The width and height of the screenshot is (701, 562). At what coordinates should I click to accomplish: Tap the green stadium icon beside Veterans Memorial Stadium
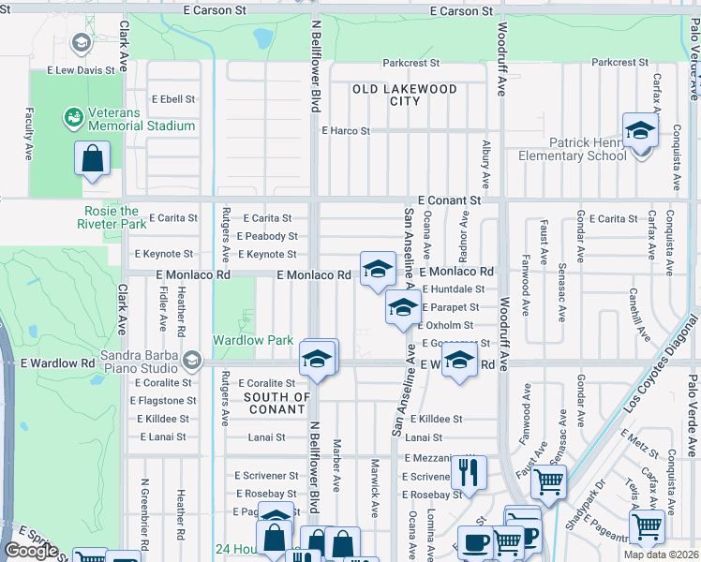coord(72,117)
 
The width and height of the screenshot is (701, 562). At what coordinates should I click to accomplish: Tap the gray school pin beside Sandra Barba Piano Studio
coord(192,360)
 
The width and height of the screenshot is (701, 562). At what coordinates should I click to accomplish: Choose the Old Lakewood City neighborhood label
coord(404,95)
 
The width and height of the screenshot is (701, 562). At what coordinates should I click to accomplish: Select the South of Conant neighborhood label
coord(276,404)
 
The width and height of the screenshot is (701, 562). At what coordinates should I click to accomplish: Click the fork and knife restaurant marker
coord(468,471)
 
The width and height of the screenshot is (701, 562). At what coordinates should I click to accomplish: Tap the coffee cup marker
coord(477,542)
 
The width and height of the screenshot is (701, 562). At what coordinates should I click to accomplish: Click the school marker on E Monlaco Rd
coord(378,269)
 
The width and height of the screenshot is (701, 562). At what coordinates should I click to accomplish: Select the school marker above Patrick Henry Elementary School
coord(640,129)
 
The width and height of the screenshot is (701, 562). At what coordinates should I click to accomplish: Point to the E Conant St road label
coord(449,200)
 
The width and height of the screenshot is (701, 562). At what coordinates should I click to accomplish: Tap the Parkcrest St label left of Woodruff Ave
coord(410,64)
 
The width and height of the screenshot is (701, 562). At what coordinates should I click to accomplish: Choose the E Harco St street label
coord(346,131)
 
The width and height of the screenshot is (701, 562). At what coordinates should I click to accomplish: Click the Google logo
coord(31,551)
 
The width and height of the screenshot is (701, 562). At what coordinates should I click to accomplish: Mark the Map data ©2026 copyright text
coord(662,555)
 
